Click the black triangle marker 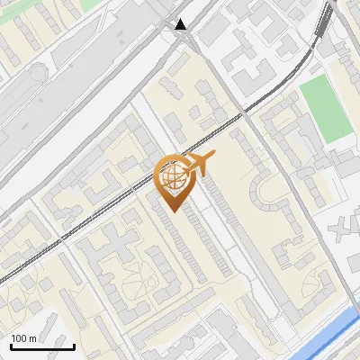182,24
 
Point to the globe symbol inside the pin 171,175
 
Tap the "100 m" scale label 24,338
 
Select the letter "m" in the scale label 32,338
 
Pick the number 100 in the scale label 20,338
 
